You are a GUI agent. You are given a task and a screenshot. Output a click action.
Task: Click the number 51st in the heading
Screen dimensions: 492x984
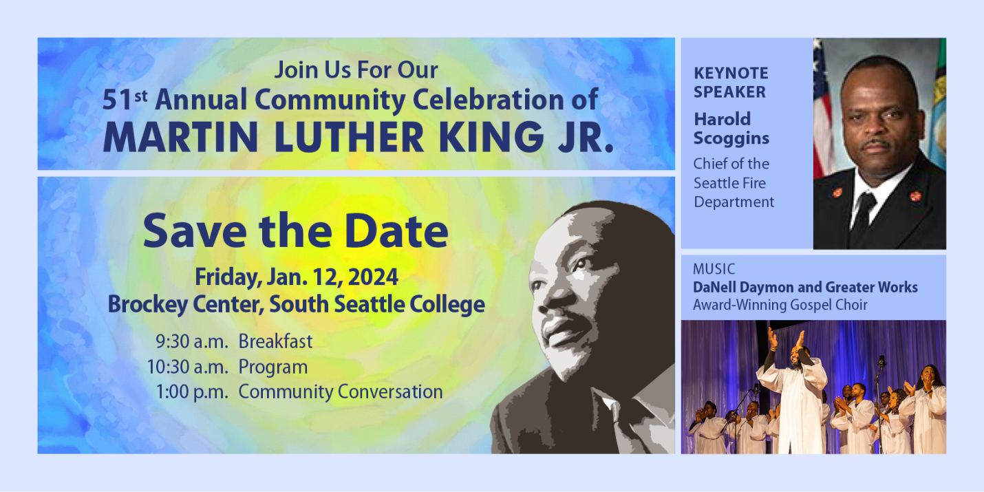125,100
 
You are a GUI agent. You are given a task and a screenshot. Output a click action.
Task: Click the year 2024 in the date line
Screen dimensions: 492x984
373,277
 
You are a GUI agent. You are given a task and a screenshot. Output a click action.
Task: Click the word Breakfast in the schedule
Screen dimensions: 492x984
275,341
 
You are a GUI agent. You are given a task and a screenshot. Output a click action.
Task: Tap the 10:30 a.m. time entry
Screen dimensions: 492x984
187,367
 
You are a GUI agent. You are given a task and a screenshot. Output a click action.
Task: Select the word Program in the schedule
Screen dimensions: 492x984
272,367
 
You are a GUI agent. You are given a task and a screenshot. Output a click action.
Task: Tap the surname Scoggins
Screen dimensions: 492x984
731,138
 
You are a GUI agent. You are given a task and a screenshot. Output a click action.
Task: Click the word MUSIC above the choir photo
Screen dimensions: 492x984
714,269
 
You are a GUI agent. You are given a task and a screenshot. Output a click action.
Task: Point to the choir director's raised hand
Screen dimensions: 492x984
800,339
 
